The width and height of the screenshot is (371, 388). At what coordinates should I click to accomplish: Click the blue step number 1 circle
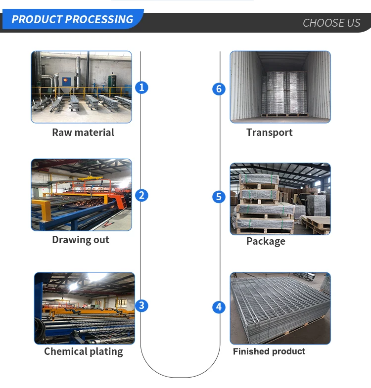pos(141,87)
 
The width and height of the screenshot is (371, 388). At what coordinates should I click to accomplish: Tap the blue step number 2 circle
pos(141,195)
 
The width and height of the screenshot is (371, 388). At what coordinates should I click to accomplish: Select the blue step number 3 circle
pos(141,305)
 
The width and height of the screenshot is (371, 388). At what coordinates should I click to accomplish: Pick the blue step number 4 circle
pos(219,307)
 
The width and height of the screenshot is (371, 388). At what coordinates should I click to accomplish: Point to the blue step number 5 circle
pos(219,197)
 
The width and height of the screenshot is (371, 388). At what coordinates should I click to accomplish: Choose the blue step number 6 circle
pos(219,89)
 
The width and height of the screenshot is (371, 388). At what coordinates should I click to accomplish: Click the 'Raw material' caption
pos(83,132)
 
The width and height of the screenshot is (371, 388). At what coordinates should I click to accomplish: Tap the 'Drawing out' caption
pos(81,240)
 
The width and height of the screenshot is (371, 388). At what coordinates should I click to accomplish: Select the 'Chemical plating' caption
pos(84,351)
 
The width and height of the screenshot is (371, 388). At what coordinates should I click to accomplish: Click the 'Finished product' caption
pos(269,351)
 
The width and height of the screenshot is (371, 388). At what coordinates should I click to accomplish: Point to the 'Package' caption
pos(266,241)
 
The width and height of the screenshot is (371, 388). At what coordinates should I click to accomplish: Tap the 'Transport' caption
pos(270,132)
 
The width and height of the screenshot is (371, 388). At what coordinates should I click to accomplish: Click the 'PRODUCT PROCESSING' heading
pos(72,20)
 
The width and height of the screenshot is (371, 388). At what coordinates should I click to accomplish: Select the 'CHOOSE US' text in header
pos(331,23)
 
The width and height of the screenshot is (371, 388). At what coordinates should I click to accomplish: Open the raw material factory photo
pos(82,87)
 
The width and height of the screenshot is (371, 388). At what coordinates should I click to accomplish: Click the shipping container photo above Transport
pos(280,87)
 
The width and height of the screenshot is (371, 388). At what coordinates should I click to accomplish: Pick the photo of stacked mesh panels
pos(280,308)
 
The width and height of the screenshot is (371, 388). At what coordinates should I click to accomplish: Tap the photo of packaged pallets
pos(280,199)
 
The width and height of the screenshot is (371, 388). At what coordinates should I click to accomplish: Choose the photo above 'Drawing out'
pos(82,195)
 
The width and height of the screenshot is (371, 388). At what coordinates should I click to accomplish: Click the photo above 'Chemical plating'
pos(85,308)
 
